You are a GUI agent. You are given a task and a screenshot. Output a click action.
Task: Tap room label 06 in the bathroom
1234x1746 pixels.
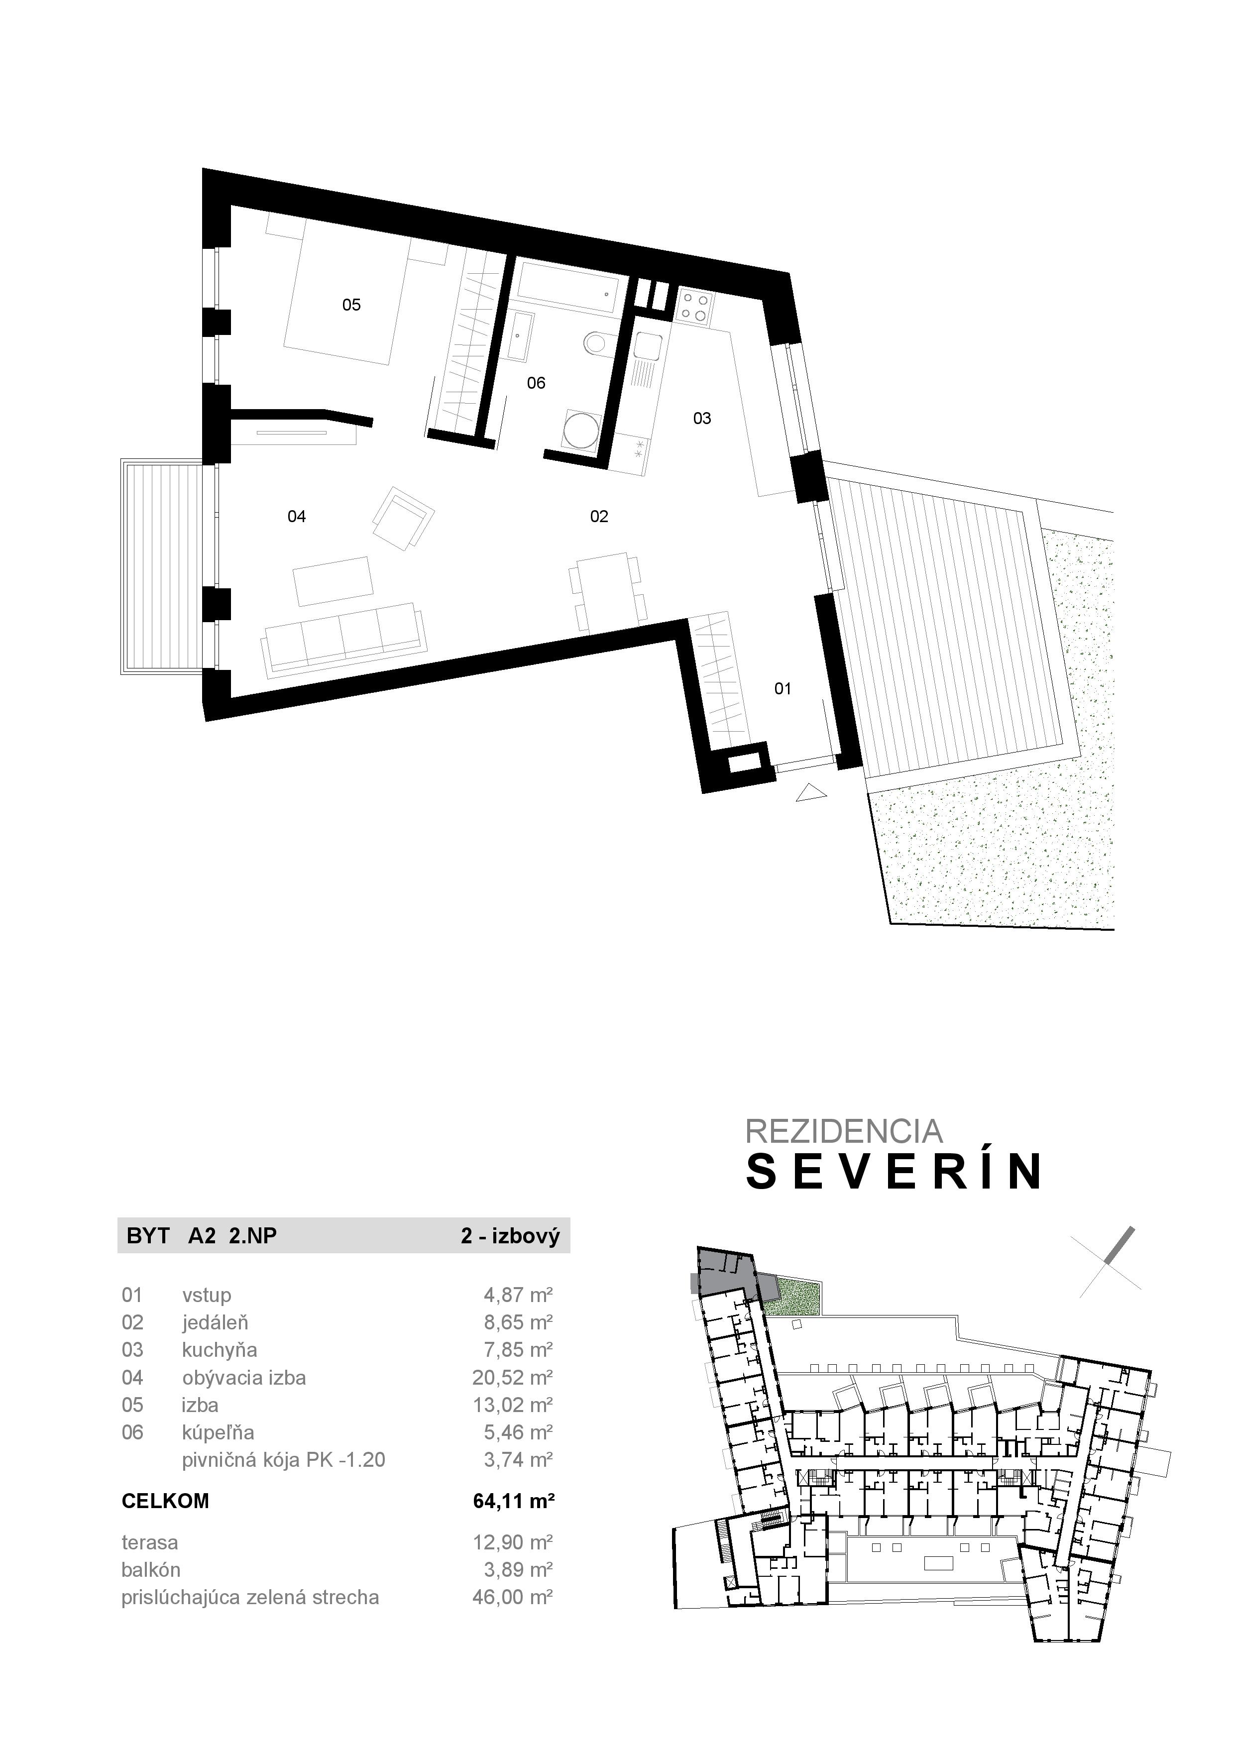click(x=536, y=383)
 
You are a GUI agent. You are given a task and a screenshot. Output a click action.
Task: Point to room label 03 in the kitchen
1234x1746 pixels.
click(x=702, y=418)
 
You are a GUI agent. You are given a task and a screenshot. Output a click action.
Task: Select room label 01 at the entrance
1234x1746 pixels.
click(x=783, y=689)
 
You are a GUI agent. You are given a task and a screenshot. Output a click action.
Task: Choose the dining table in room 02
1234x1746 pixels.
click(x=607, y=584)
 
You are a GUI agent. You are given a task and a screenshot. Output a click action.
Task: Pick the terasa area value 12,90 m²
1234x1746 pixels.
click(x=512, y=1542)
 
